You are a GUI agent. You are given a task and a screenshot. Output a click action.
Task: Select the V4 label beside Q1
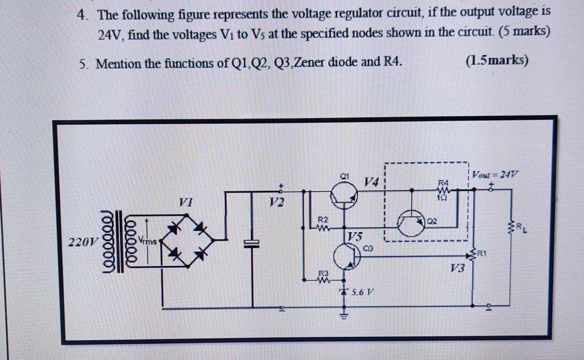(373, 181)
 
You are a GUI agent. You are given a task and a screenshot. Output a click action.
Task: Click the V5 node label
(355, 236)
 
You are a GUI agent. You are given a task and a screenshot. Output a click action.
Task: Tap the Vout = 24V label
(494, 173)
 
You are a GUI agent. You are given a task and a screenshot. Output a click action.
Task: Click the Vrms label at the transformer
(147, 240)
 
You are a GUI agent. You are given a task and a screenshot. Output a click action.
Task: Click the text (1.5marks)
(497, 60)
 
